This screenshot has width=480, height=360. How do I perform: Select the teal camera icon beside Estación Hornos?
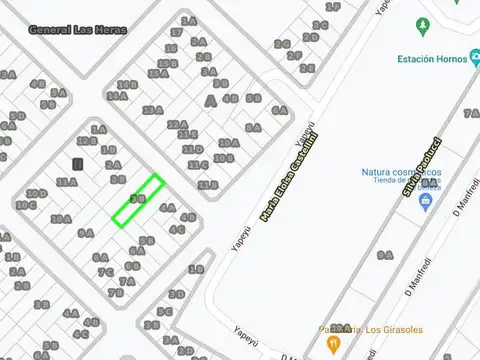click(x=474, y=59)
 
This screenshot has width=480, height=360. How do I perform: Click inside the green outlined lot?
click(x=138, y=199)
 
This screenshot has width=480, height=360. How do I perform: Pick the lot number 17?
click(x=176, y=33)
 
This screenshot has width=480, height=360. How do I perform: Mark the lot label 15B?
click(x=167, y=62)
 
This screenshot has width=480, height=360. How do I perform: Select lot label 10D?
click(x=227, y=142)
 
